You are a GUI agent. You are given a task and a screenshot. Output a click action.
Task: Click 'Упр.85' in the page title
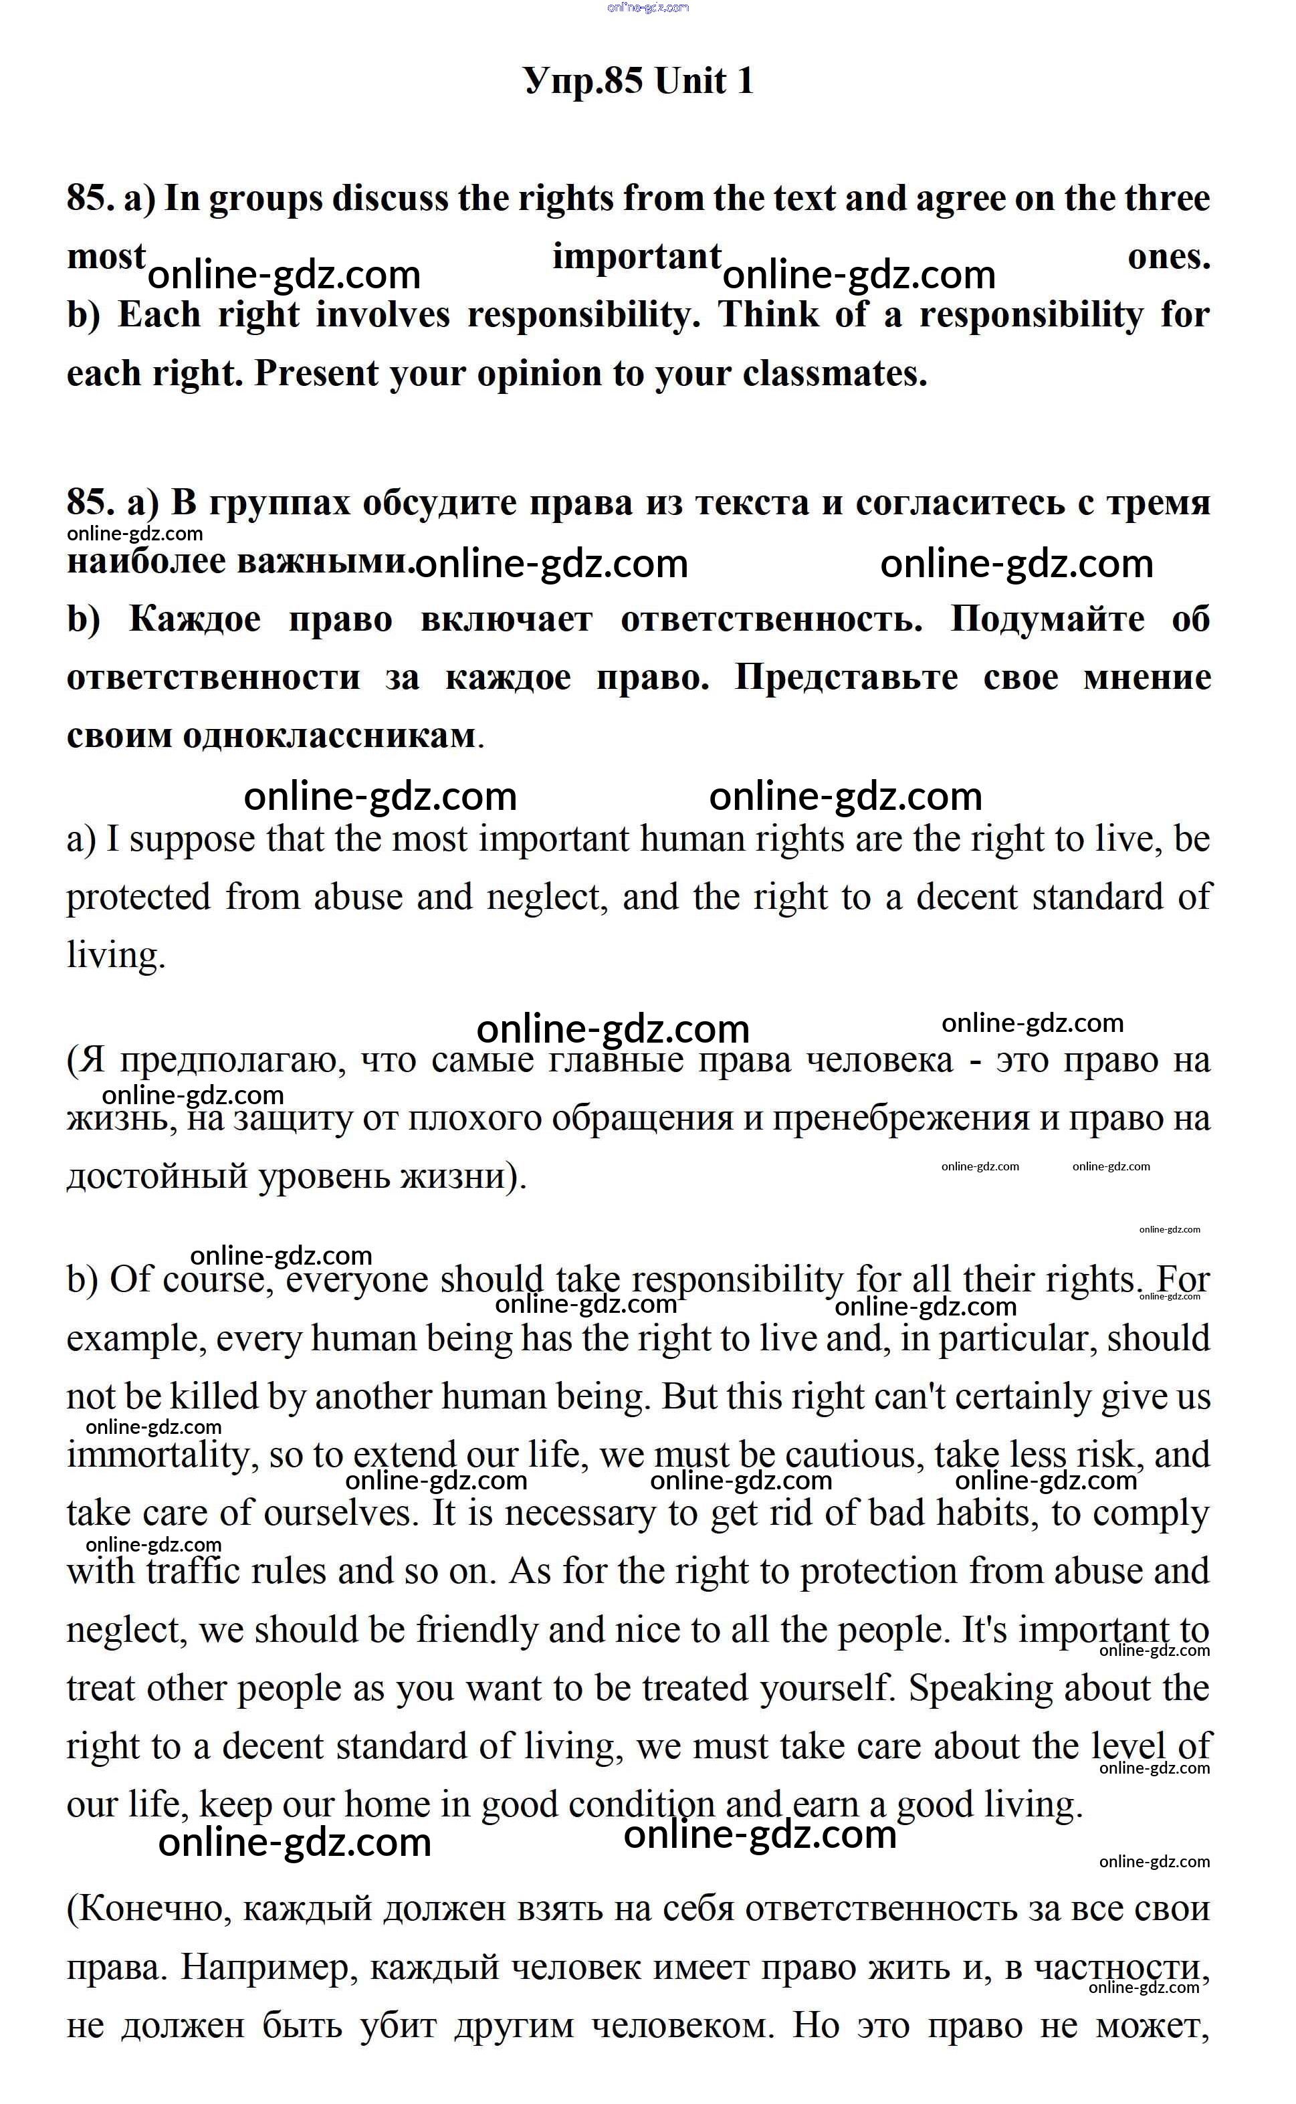(583, 82)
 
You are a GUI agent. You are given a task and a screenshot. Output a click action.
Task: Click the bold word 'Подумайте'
(1047, 620)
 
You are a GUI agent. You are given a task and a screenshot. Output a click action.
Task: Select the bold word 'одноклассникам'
(329, 736)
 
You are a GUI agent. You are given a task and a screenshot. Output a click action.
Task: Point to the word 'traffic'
(193, 1572)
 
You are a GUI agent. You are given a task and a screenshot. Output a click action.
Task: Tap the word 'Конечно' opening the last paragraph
(152, 1909)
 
